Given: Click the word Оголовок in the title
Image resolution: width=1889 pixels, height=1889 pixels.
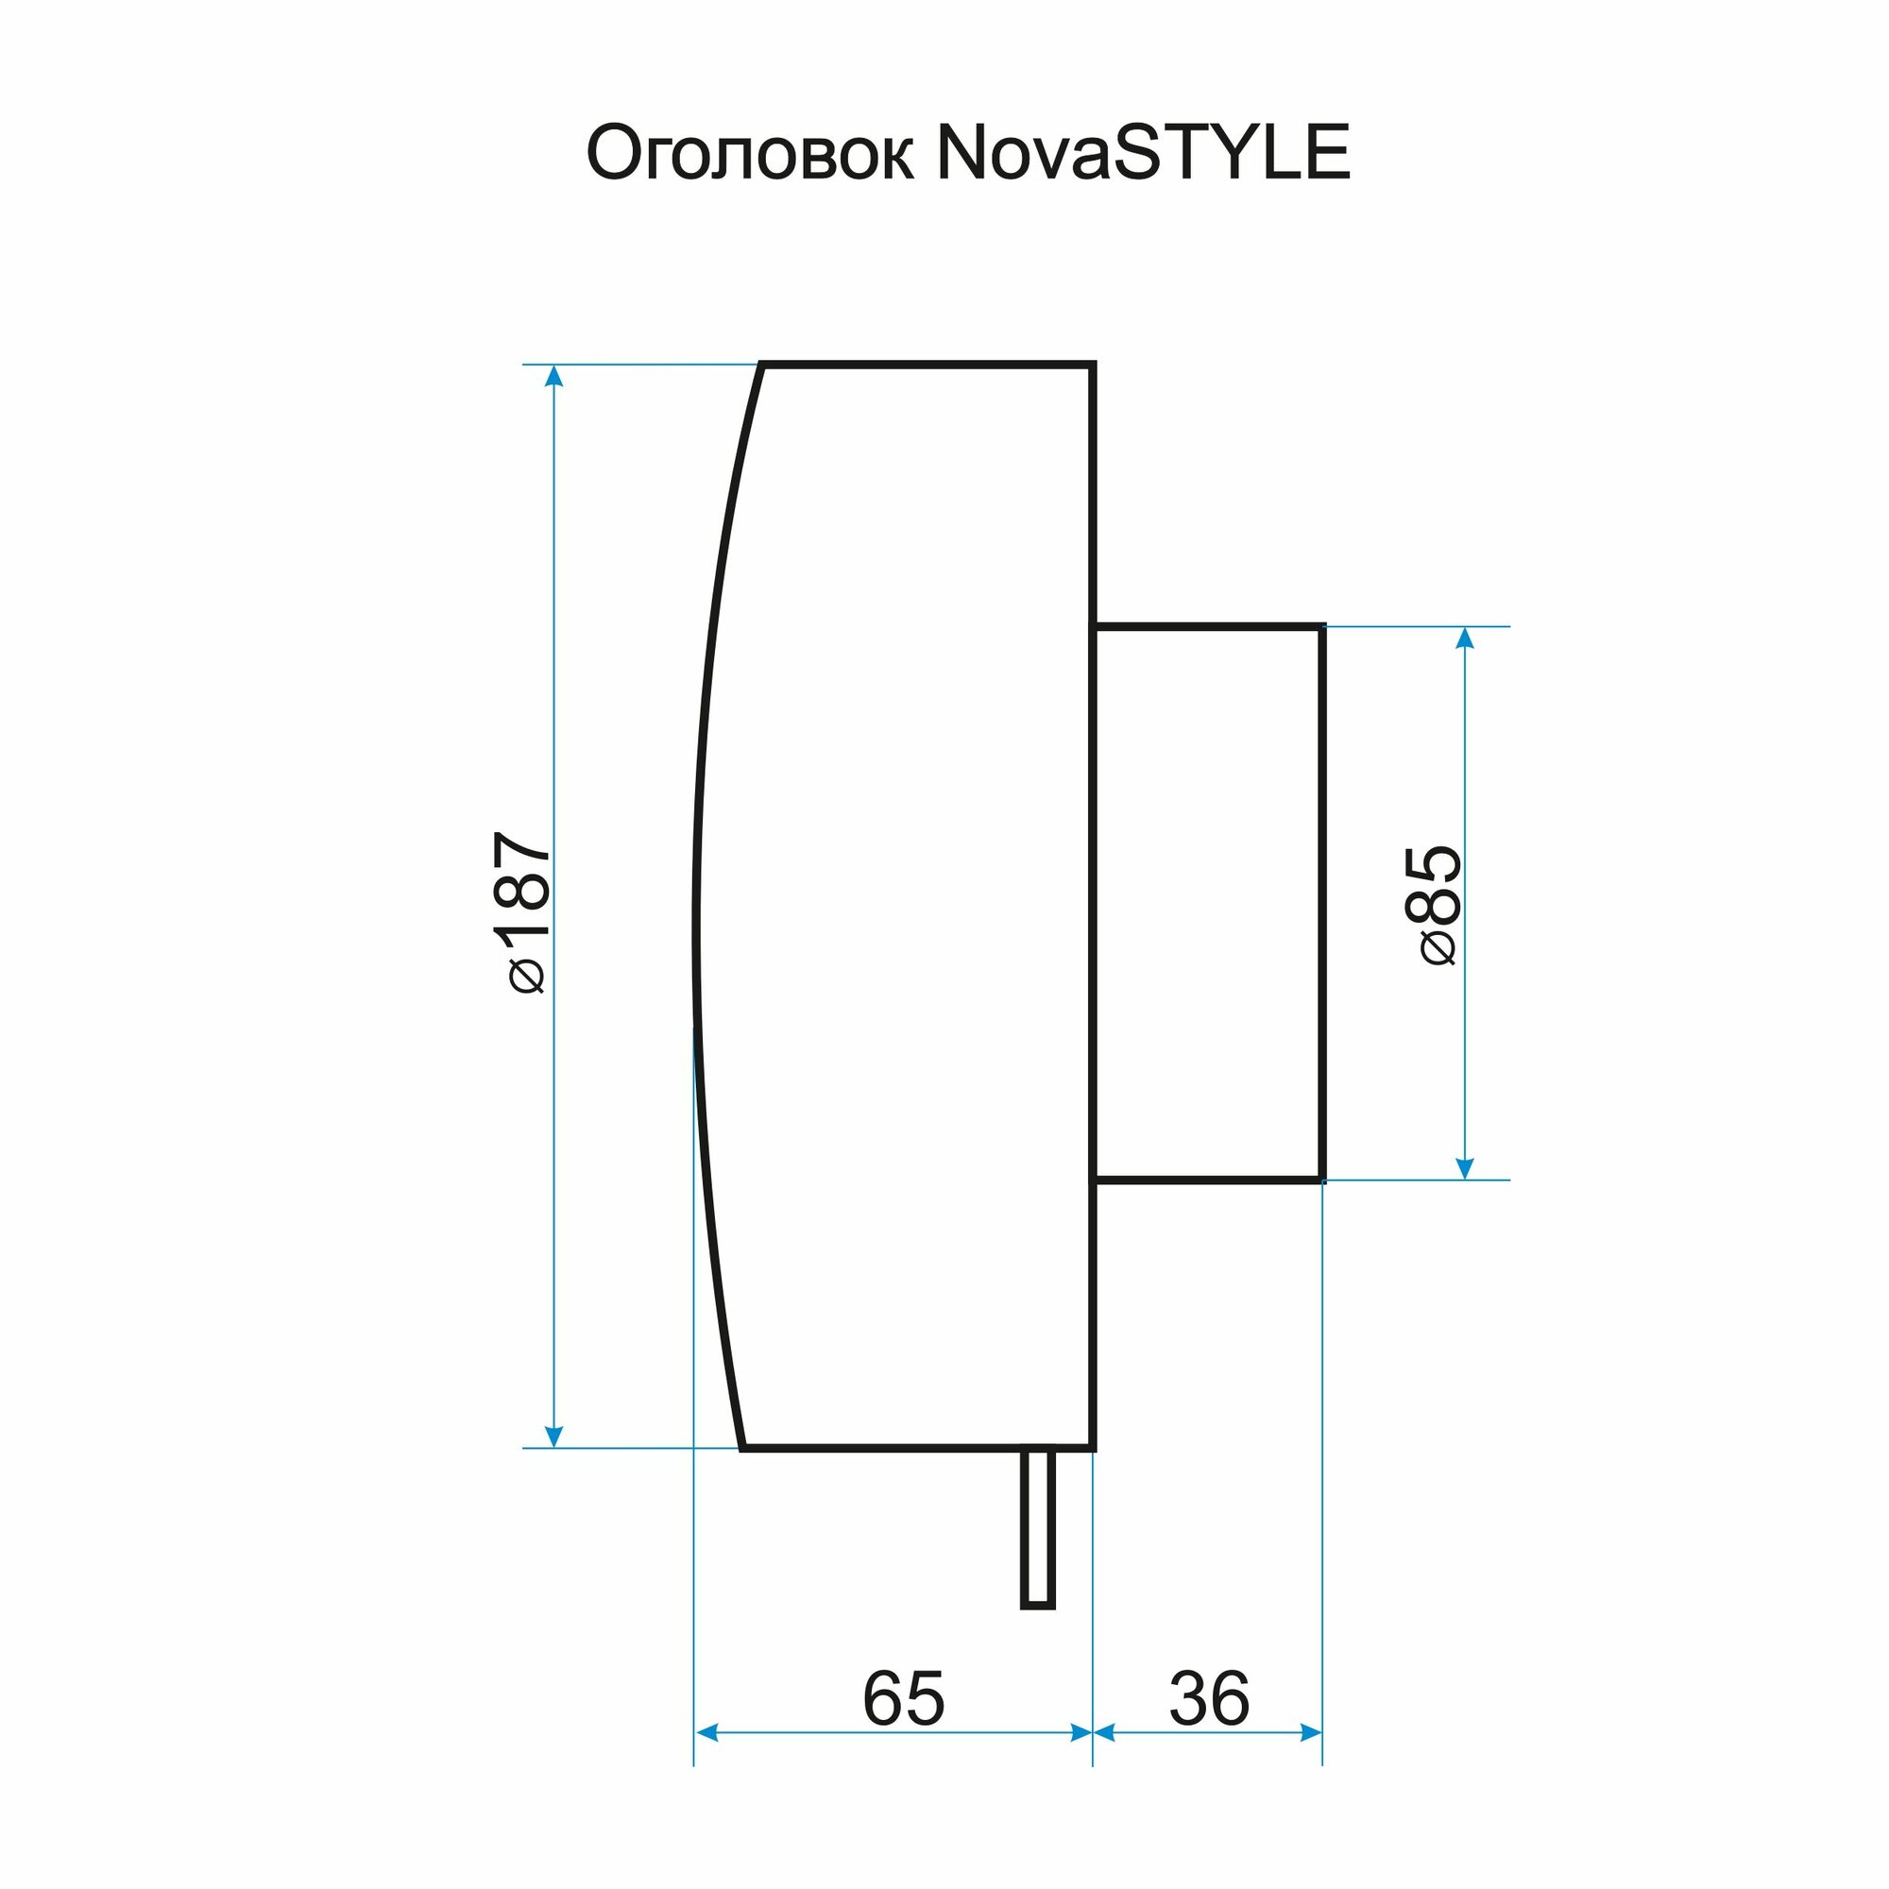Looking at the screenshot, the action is [750, 155].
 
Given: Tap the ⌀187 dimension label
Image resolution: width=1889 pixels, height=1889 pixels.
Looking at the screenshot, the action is [522, 911].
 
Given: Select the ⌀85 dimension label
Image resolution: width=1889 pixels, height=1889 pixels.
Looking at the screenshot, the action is [1434, 906].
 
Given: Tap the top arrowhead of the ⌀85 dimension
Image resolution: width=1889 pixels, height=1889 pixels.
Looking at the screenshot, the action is [1464, 638].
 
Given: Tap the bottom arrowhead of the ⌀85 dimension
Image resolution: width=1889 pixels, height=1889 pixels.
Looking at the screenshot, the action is [1464, 1169].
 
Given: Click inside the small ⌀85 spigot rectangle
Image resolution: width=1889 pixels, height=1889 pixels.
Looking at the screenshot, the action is [1209, 904].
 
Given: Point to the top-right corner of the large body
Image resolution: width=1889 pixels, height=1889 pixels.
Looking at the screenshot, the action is [1093, 365].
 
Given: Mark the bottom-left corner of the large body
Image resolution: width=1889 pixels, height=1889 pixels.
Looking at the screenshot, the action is [743, 1447].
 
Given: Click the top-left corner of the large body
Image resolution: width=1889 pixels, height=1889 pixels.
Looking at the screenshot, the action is [762, 365].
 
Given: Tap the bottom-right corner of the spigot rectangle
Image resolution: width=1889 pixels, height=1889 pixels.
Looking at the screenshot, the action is [1322, 1180].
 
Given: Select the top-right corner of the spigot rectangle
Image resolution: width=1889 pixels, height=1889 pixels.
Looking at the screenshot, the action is [1322, 627].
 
